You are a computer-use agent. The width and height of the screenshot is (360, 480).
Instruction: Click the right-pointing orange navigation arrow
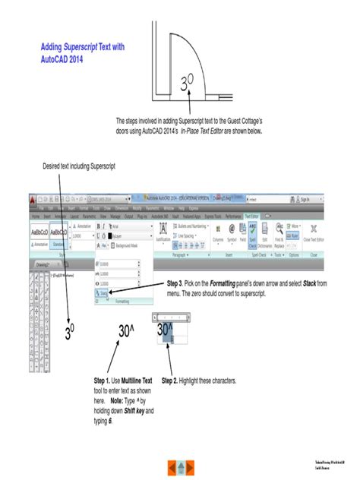click(189, 465)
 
